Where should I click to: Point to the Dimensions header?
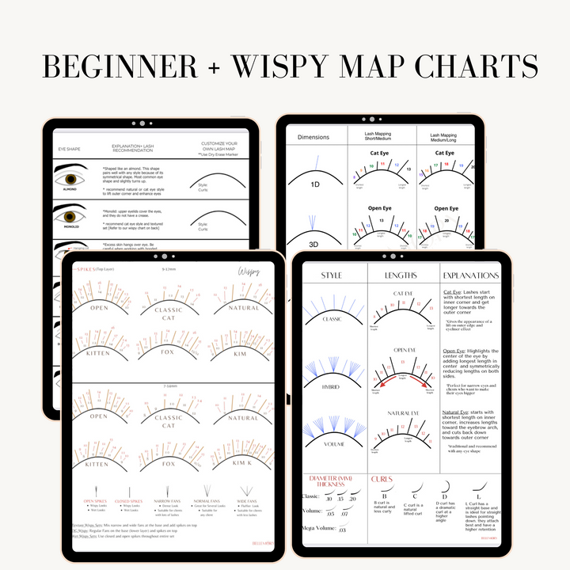coord(313,137)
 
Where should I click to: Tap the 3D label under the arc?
coord(314,244)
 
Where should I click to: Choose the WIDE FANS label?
coord(244,500)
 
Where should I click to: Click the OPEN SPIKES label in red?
coord(95,500)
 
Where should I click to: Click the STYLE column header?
coord(332,275)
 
